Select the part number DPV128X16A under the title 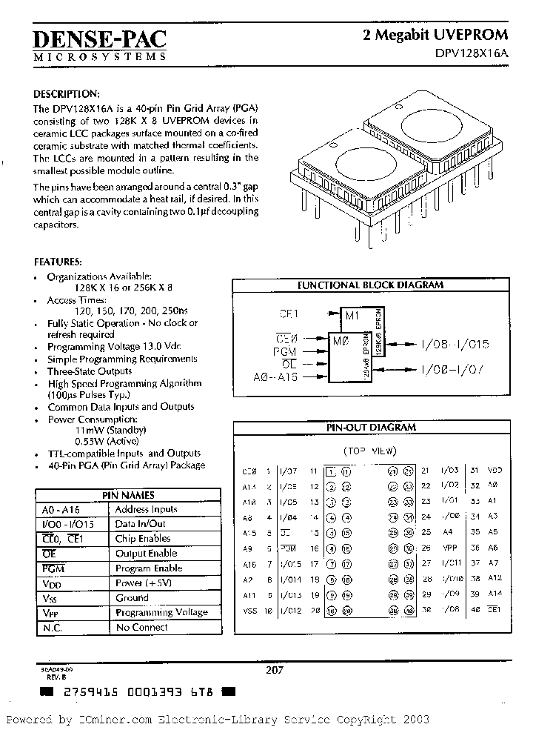(472, 53)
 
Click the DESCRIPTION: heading (67, 94)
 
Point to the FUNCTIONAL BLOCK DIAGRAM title (370, 285)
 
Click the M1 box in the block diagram (352, 316)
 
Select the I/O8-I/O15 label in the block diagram (455, 345)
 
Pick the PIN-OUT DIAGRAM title (371, 428)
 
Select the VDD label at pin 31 (495, 471)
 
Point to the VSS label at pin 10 (249, 611)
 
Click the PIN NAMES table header (128, 494)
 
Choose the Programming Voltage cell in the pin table (161, 612)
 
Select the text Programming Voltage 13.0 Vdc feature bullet (114, 347)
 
